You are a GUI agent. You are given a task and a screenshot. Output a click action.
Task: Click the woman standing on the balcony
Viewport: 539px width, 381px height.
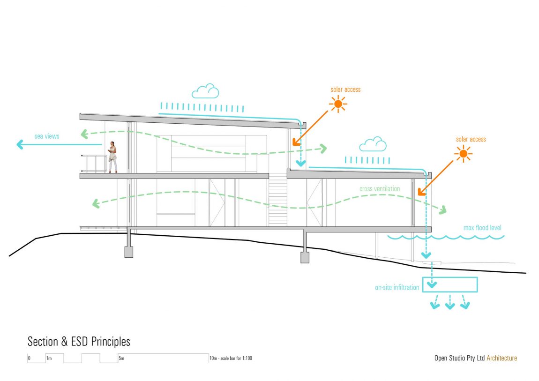coord(112,157)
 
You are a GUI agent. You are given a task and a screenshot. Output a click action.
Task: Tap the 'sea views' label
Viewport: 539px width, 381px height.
coord(47,136)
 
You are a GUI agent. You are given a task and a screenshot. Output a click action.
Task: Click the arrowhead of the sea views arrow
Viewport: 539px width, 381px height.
coord(20,145)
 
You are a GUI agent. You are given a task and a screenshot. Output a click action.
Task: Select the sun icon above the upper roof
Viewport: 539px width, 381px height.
coord(338,104)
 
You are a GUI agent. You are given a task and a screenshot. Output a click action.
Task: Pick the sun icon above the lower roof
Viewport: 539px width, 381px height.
coord(463,154)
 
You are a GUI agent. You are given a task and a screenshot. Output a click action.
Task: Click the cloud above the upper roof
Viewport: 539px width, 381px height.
coord(205,91)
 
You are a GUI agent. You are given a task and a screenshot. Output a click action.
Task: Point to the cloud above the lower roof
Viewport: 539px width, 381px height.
coord(373,144)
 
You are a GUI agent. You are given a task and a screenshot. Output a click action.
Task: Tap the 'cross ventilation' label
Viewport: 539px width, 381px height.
coord(380,188)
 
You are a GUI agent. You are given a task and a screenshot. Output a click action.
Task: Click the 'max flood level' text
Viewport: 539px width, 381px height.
coord(482,228)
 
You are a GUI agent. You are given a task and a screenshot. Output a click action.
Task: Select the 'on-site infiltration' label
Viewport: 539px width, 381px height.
coord(397,288)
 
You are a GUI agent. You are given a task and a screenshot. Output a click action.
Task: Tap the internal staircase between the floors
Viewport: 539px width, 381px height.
coord(278,199)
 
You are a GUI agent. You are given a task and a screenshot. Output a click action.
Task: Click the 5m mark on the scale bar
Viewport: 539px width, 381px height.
coord(121,359)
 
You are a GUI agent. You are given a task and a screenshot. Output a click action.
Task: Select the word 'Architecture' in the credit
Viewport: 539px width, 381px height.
coord(502,358)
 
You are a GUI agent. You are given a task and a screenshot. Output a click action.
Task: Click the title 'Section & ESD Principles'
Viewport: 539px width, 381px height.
coord(79,342)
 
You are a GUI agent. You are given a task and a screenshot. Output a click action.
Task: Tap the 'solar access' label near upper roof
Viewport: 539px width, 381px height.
coord(345,90)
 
